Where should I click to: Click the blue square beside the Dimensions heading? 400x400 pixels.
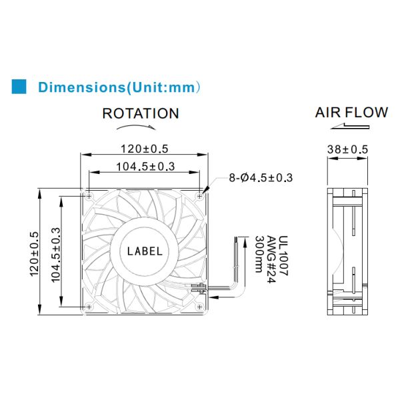click(19, 87)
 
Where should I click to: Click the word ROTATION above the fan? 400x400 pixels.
click(141, 113)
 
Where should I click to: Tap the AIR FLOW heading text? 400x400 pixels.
click(351, 113)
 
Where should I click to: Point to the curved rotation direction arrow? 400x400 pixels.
click(136, 127)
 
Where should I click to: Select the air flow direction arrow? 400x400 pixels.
click(350, 126)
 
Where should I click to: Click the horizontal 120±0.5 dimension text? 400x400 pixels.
click(145, 149)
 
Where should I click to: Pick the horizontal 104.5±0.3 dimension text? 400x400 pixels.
click(145, 167)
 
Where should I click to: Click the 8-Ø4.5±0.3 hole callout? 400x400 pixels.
click(261, 177)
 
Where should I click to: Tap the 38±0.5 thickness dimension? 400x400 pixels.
click(348, 149)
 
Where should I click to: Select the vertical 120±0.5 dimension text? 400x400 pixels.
click(35, 254)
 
